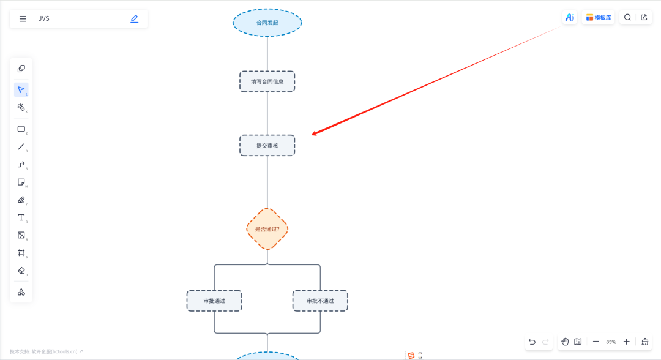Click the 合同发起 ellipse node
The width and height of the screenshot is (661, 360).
(267, 23)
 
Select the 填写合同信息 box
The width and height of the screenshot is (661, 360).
(267, 82)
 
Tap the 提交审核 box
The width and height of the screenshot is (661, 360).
(267, 146)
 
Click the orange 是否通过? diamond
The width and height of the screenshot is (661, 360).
(267, 229)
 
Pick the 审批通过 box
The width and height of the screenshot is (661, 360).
(214, 301)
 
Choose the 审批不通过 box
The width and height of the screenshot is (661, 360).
(320, 301)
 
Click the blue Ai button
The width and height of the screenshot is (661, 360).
(570, 17)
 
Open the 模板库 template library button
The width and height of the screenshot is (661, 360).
(599, 17)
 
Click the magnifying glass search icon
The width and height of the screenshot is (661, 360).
(628, 17)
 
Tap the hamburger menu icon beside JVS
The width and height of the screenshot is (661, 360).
(23, 18)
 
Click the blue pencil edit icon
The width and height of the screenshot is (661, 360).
(135, 18)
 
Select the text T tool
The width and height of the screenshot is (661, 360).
(21, 217)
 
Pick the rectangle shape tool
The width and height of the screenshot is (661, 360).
(21, 129)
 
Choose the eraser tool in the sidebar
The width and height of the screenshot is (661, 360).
(21, 271)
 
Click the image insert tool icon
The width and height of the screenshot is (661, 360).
(21, 235)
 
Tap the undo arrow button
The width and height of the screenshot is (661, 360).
(532, 342)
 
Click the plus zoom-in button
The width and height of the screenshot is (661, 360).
(627, 342)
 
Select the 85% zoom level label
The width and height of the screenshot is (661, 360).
(611, 342)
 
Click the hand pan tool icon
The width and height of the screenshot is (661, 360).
(565, 342)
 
